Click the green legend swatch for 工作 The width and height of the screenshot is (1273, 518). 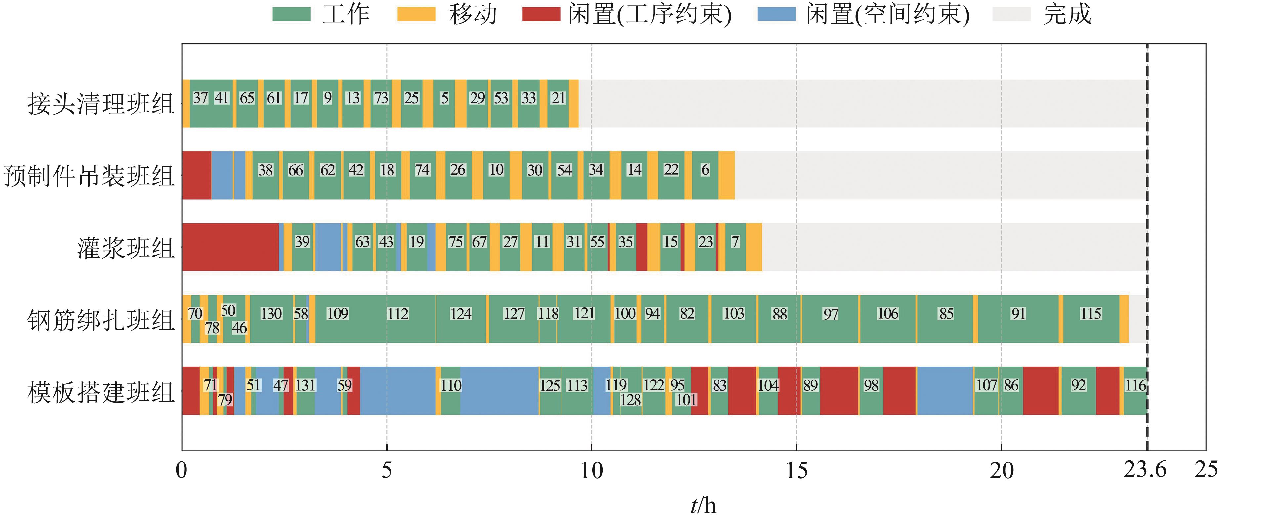point(292,14)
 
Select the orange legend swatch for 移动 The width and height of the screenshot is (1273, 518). point(416,14)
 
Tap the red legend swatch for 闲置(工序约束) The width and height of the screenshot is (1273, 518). point(541,14)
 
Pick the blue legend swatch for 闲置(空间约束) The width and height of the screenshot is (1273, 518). point(776,14)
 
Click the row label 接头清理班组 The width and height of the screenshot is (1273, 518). point(101,104)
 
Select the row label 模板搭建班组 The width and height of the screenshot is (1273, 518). point(101,392)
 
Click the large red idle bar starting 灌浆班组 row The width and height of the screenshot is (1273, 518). point(230,247)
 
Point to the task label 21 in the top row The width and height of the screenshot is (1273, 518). point(558,98)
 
